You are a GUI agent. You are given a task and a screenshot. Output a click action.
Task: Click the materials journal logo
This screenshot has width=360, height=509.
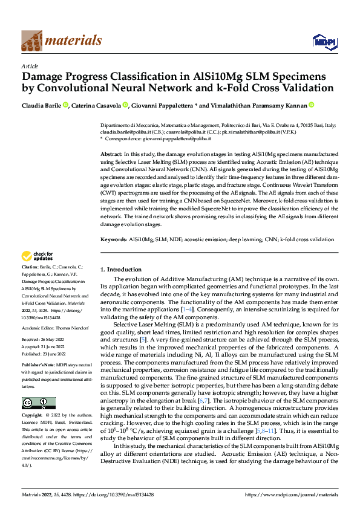click(61, 41)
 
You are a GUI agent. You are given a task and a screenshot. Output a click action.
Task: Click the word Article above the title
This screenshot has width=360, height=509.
click(29, 65)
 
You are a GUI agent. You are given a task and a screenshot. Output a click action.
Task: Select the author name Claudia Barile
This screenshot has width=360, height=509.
click(42, 105)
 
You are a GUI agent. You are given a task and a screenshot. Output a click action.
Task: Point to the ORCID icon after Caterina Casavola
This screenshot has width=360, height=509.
click(142, 105)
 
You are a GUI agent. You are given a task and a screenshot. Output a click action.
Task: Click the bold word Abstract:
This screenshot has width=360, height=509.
click(112, 155)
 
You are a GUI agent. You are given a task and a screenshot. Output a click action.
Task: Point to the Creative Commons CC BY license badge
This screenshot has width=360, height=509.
click(38, 386)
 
